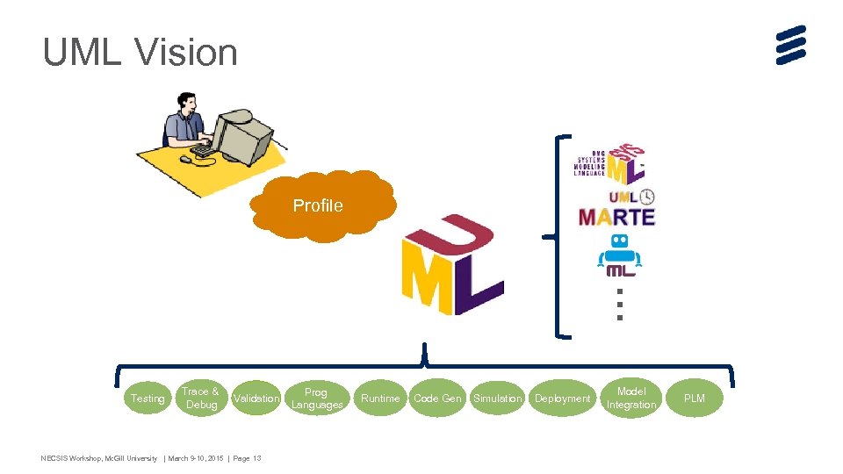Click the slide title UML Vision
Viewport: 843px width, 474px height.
(x=140, y=53)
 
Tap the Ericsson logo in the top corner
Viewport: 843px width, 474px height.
(x=790, y=45)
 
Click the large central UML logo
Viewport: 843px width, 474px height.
(x=451, y=265)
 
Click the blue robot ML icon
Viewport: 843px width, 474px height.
(x=619, y=255)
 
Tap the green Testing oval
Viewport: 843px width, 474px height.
(x=148, y=399)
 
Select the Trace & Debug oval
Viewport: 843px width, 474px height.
(x=201, y=398)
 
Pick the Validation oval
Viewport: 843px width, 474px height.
(x=256, y=399)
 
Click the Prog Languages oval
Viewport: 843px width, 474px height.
(x=316, y=399)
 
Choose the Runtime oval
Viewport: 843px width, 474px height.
(x=380, y=399)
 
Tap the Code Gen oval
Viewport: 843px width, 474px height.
(x=437, y=399)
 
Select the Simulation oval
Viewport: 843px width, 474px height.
(x=498, y=399)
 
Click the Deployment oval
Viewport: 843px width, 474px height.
(x=563, y=399)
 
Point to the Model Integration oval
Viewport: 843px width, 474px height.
(x=630, y=398)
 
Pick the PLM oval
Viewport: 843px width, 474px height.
(x=694, y=399)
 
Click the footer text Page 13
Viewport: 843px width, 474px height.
(x=247, y=458)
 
